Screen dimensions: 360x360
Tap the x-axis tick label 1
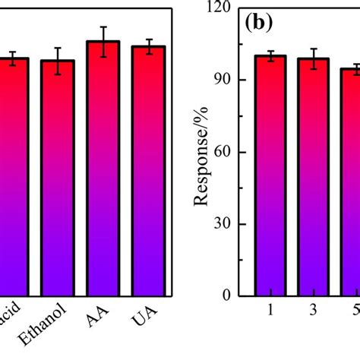pos(270,312)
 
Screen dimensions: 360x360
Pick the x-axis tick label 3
pos(313,312)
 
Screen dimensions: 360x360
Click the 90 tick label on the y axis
pos(226,80)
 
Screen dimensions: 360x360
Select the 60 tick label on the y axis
pos(226,152)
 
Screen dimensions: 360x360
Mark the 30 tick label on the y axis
pos(226,224)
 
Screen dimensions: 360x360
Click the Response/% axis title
pos(201,160)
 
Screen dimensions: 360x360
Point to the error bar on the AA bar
pos(103,41)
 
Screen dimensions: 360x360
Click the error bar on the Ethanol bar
pos(58,61)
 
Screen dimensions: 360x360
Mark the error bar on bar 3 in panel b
pos(313,58)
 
